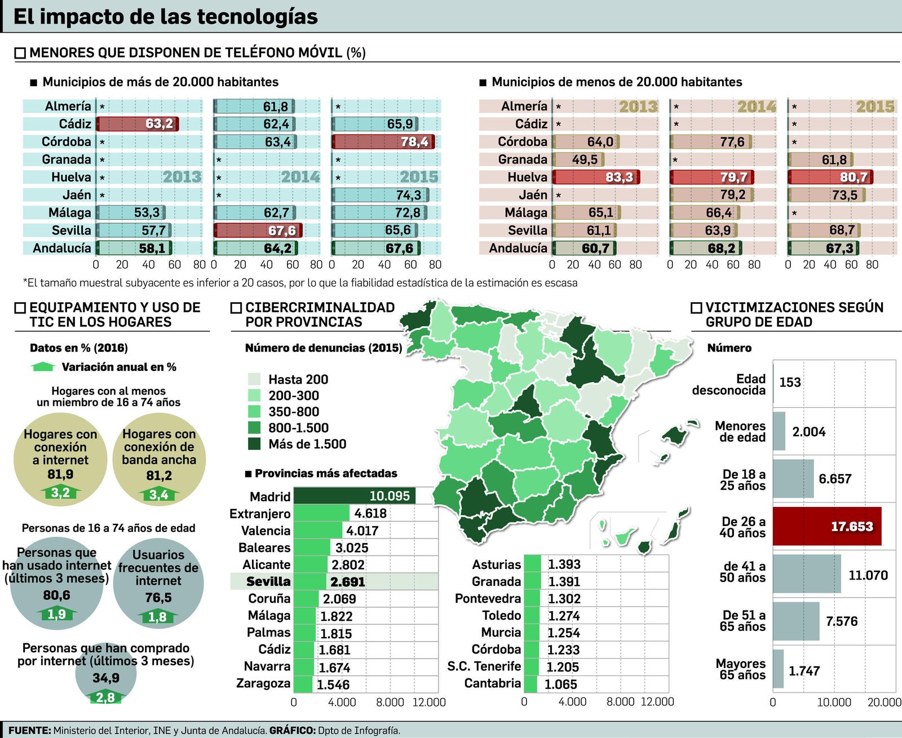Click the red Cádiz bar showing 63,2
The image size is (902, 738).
tap(137, 124)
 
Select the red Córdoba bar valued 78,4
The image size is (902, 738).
tap(383, 142)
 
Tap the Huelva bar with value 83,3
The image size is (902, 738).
tap(596, 178)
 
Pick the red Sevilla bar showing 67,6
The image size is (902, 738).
tap(258, 230)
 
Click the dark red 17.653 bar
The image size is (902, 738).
tap(826, 527)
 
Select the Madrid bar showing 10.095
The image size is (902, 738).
tap(354, 496)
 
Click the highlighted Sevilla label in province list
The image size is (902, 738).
tap(268, 582)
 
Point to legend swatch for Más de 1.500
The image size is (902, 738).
tap(254, 444)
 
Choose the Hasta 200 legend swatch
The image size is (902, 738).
tap(254, 379)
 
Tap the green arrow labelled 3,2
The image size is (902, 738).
tap(60, 493)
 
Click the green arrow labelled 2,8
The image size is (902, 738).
tap(105, 697)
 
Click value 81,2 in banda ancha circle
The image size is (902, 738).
tap(158, 476)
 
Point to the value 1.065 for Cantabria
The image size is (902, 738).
tap(560, 684)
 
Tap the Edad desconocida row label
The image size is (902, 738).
tap(729, 385)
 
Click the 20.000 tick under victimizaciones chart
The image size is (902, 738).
tap(883, 702)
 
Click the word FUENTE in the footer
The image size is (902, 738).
tap(29, 730)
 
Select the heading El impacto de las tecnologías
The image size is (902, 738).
tap(165, 17)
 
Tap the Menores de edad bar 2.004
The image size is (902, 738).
tap(779, 431)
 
